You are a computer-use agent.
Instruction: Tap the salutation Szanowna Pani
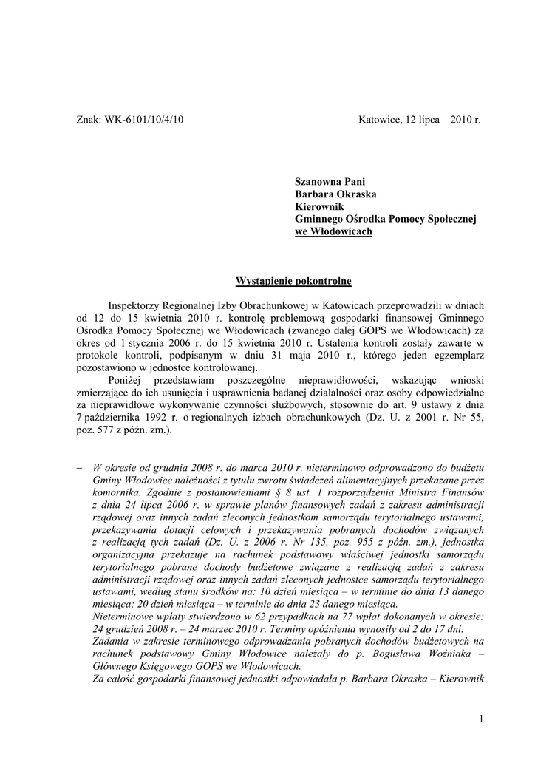click(x=330, y=181)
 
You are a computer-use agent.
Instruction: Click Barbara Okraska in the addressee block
click(x=335, y=194)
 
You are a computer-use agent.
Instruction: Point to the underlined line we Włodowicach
click(x=333, y=231)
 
